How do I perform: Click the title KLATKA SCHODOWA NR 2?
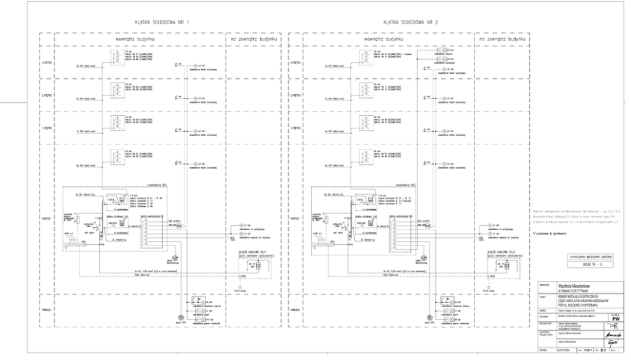point(406,22)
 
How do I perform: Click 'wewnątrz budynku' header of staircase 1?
point(133,39)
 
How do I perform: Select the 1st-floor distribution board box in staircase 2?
point(364,124)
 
